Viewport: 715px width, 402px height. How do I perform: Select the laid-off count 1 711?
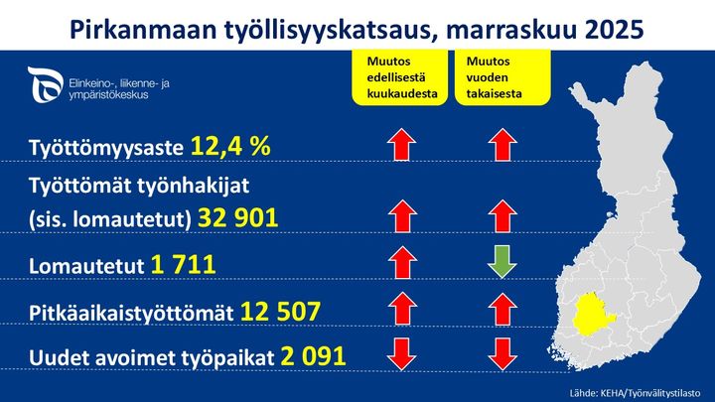tap(184, 265)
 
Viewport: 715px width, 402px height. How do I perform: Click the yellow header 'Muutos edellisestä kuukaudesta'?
tap(396, 76)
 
